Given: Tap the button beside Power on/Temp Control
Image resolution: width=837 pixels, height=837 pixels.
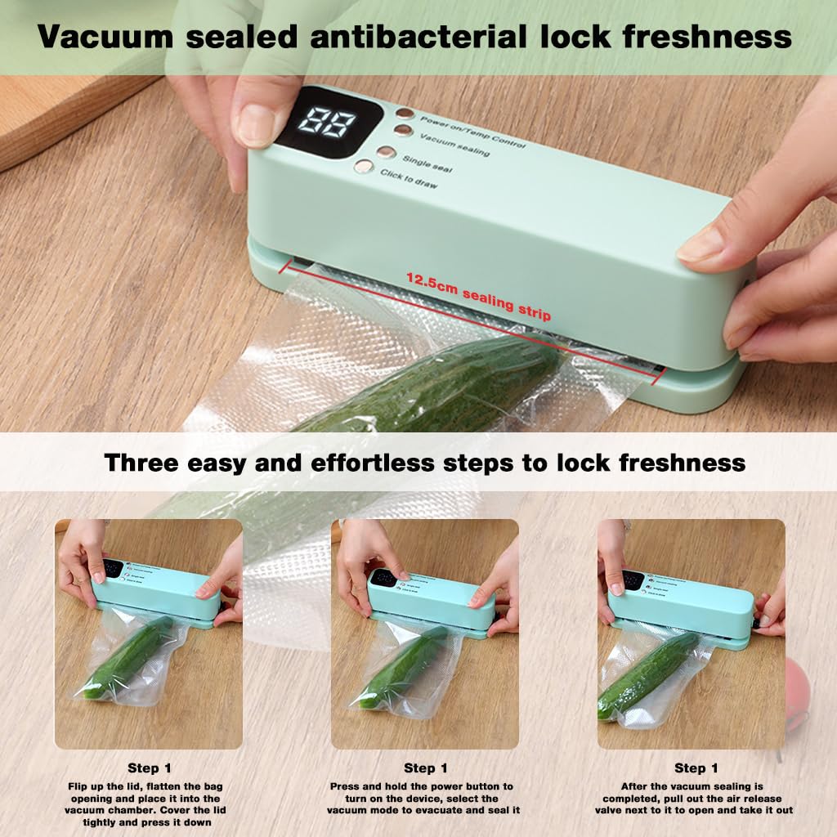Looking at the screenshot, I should pyautogui.click(x=405, y=114).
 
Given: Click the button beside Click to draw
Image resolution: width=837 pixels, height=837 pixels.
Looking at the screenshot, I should pyautogui.click(x=364, y=168).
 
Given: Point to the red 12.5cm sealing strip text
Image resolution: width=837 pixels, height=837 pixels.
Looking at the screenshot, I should pyautogui.click(x=479, y=296).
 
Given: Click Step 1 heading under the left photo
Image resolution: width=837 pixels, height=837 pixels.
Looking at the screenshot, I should pyautogui.click(x=149, y=768).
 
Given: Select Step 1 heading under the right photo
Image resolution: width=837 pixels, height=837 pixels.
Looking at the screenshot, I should pyautogui.click(x=696, y=768).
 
